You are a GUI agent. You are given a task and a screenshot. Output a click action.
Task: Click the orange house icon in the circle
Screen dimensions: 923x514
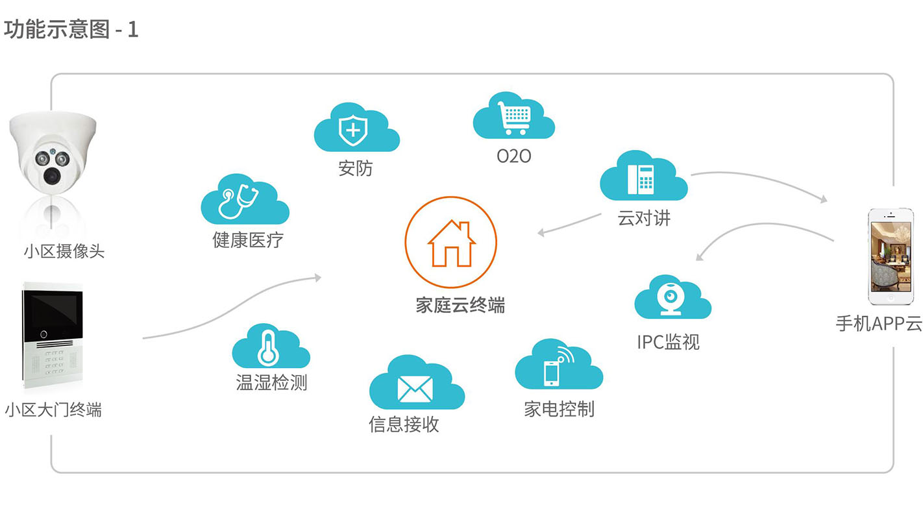452,244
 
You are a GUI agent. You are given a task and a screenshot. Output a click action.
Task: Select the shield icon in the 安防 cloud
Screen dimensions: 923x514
352,130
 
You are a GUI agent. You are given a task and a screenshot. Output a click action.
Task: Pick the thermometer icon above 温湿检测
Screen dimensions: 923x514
268,349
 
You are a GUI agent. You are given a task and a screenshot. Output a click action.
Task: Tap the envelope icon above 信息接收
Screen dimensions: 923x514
415,389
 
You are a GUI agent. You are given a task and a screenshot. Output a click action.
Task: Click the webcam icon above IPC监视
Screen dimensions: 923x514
671,299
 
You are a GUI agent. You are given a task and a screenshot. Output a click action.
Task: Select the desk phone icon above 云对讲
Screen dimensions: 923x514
641,179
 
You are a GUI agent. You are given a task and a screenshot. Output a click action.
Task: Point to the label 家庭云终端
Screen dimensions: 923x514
460,305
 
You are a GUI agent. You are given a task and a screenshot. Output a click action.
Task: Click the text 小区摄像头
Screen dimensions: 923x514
64,251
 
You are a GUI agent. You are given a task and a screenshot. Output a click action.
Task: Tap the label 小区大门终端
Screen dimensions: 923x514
53,410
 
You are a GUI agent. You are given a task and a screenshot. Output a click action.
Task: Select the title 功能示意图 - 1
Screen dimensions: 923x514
71,29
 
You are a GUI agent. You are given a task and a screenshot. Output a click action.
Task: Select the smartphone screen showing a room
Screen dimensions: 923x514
891,256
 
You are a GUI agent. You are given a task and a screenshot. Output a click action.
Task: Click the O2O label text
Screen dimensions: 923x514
514,156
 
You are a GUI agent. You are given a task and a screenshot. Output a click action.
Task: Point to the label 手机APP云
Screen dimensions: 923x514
879,323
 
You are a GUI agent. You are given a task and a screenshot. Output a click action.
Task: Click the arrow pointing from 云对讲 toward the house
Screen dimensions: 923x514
569,224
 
